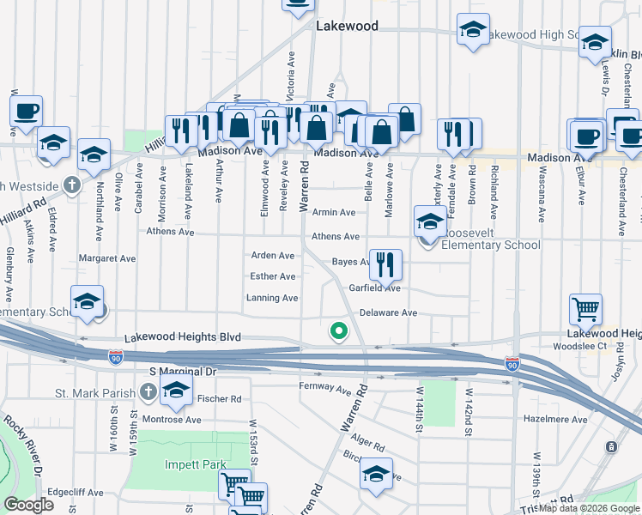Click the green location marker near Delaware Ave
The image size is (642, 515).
coord(339,330)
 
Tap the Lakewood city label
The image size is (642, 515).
coord(347,26)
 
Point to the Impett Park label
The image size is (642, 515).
coord(196,464)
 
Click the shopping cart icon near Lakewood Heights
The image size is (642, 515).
coord(585,308)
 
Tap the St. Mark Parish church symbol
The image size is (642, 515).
coord(148,393)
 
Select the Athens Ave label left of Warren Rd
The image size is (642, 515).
coord(172,231)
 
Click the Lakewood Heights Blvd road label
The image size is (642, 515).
coord(182,338)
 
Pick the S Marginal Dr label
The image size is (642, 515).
coord(185,372)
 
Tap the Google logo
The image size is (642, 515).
coord(29,505)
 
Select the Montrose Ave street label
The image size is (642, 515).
coord(173,420)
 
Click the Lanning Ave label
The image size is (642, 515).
coord(272,298)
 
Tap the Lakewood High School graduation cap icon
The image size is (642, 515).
coord(472,30)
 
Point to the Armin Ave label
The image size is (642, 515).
coord(334,212)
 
